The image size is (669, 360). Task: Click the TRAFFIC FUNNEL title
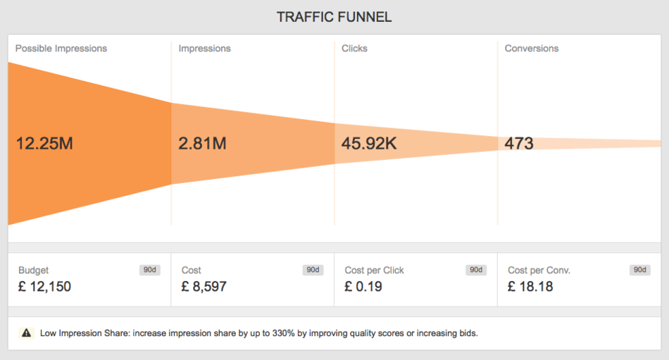tap(334, 17)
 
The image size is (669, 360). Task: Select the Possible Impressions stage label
tap(61, 49)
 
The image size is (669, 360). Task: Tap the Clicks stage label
tap(354, 49)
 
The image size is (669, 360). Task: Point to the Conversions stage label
tap(532, 49)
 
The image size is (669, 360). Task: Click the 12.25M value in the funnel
tap(44, 144)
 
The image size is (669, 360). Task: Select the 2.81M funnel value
tap(202, 144)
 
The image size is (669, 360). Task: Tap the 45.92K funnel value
tap(369, 144)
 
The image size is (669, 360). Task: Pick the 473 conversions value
tap(519, 144)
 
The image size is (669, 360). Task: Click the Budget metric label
tap(34, 271)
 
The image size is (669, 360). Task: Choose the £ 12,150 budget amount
tap(44, 287)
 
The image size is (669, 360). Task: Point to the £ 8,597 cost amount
tap(204, 287)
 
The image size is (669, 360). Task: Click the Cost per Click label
tap(374, 271)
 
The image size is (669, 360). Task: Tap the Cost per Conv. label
tap(539, 271)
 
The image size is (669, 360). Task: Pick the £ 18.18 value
tap(530, 287)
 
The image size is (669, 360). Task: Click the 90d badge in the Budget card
tap(150, 270)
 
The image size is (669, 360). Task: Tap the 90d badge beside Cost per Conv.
tap(639, 270)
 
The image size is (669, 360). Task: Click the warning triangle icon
tap(26, 333)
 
